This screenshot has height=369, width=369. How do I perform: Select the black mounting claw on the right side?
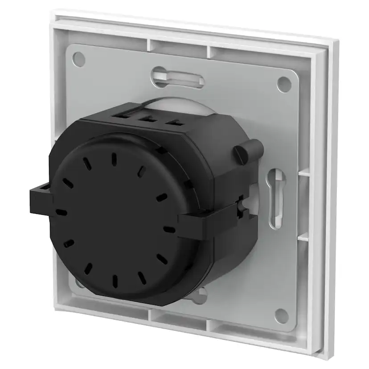pos(196,220)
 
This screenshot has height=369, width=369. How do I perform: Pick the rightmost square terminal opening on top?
pos(171,122)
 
